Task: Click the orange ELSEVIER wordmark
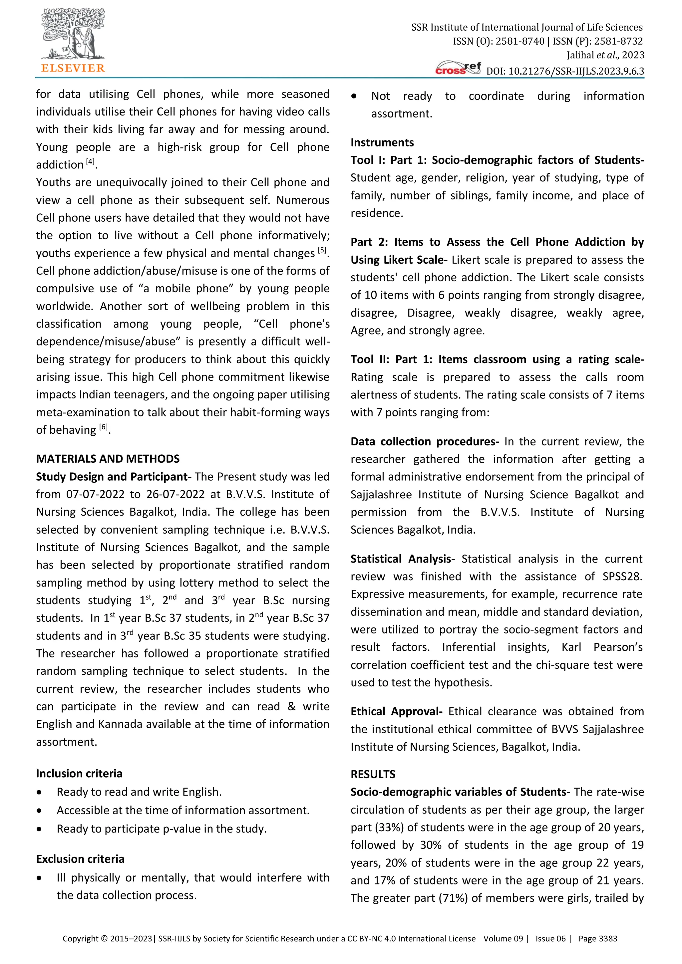73,68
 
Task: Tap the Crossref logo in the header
458,68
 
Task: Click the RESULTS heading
373,774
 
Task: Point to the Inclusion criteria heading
79,773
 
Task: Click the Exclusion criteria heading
80,859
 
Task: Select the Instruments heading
382,142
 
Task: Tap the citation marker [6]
103,427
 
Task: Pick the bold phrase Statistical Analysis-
403,559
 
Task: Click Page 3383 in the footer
598,938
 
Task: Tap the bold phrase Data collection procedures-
425,441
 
